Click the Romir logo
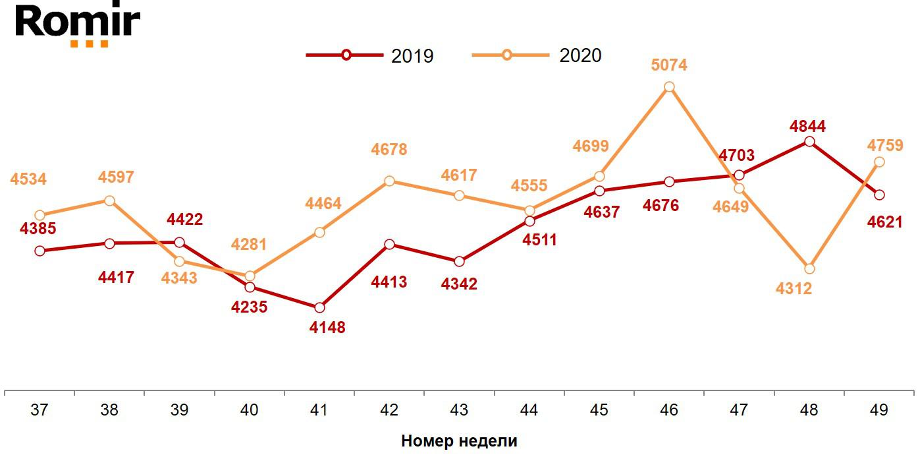pyautogui.click(x=78, y=24)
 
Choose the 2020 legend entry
pyautogui.click(x=537, y=55)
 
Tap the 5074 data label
pyautogui.click(x=669, y=65)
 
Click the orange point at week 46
pyautogui.click(x=669, y=87)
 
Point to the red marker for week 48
pyautogui.click(x=809, y=142)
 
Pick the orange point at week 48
pyautogui.click(x=809, y=268)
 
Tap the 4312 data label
pyautogui.click(x=794, y=289)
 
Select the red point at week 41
pyautogui.click(x=319, y=308)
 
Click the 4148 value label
pyautogui.click(x=327, y=327)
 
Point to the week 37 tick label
pyautogui.click(x=40, y=410)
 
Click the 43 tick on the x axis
pyautogui.click(x=459, y=410)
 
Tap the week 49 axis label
pyautogui.click(x=878, y=410)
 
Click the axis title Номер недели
pyautogui.click(x=459, y=441)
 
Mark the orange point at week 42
pyautogui.click(x=389, y=181)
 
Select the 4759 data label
pyautogui.click(x=884, y=145)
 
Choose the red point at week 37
pyautogui.click(x=40, y=251)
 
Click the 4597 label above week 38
pyautogui.click(x=116, y=177)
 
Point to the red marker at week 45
pyautogui.click(x=599, y=191)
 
